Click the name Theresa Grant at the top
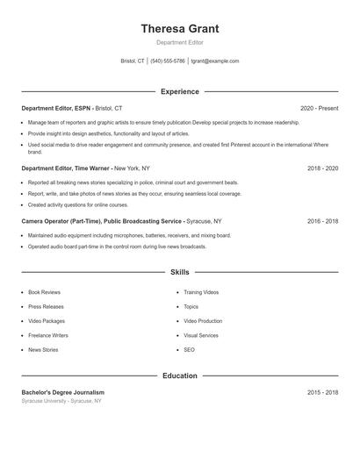pyautogui.click(x=180, y=29)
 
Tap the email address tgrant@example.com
pyautogui.click(x=215, y=61)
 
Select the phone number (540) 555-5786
pyautogui.click(x=168, y=61)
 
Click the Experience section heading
pyautogui.click(x=180, y=91)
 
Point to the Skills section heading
pyautogui.click(x=180, y=273)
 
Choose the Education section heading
pyautogui.click(x=180, y=376)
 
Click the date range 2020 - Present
pyautogui.click(x=319, y=108)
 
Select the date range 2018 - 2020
pyautogui.click(x=322, y=167)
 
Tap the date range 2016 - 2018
pyautogui.click(x=322, y=222)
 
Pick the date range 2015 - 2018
pyautogui.click(x=322, y=392)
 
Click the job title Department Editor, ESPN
pyautogui.click(x=56, y=108)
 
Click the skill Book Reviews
pyautogui.click(x=44, y=291)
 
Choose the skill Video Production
pyautogui.click(x=203, y=321)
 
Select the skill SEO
pyautogui.click(x=189, y=350)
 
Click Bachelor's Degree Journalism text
pyautogui.click(x=63, y=392)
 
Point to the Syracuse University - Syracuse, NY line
pyautogui.click(x=61, y=401)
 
